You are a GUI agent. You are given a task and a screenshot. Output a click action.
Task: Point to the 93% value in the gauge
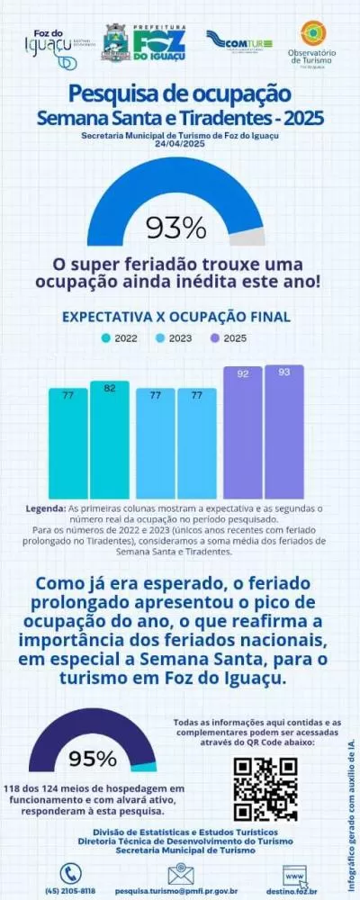[176, 228]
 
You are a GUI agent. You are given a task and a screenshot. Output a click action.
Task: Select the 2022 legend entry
[120, 338]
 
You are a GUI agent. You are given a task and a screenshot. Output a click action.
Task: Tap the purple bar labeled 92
[243, 432]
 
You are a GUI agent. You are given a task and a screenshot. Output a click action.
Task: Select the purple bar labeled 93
[284, 432]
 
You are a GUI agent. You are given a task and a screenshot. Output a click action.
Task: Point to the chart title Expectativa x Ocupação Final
[175, 317]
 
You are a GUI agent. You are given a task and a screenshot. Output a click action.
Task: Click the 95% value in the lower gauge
[93, 758]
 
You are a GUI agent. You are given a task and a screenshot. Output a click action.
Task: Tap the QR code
[265, 788]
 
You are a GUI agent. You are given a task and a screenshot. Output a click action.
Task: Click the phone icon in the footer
[70, 873]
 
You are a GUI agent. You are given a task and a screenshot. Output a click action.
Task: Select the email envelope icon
[181, 874]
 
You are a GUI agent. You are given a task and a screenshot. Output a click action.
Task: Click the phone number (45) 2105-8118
[70, 890]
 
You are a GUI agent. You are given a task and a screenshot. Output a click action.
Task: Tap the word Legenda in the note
[45, 508]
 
